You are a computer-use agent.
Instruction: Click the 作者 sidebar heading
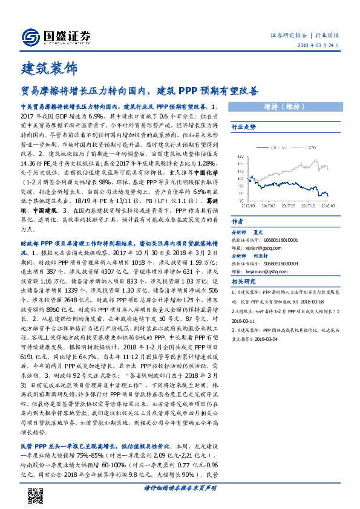238,221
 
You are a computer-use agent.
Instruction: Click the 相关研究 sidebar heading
244,282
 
